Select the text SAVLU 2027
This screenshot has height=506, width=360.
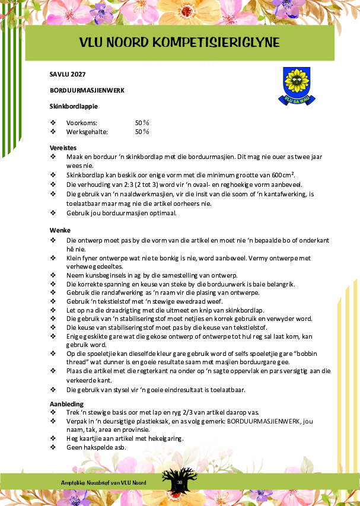click(x=68, y=75)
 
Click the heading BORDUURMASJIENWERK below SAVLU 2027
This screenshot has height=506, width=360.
click(x=87, y=91)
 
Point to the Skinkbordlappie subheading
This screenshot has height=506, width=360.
click(x=74, y=106)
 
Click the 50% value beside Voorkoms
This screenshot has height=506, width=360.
click(x=142, y=122)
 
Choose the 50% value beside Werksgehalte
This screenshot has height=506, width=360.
click(x=142, y=131)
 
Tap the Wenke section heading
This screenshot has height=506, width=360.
click(x=60, y=230)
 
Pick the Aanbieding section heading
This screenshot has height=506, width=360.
click(x=66, y=404)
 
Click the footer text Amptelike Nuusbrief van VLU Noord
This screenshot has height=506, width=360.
click(x=104, y=483)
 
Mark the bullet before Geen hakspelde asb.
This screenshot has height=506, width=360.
click(x=53, y=447)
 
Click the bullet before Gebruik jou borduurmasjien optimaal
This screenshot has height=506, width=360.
click(x=53, y=212)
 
